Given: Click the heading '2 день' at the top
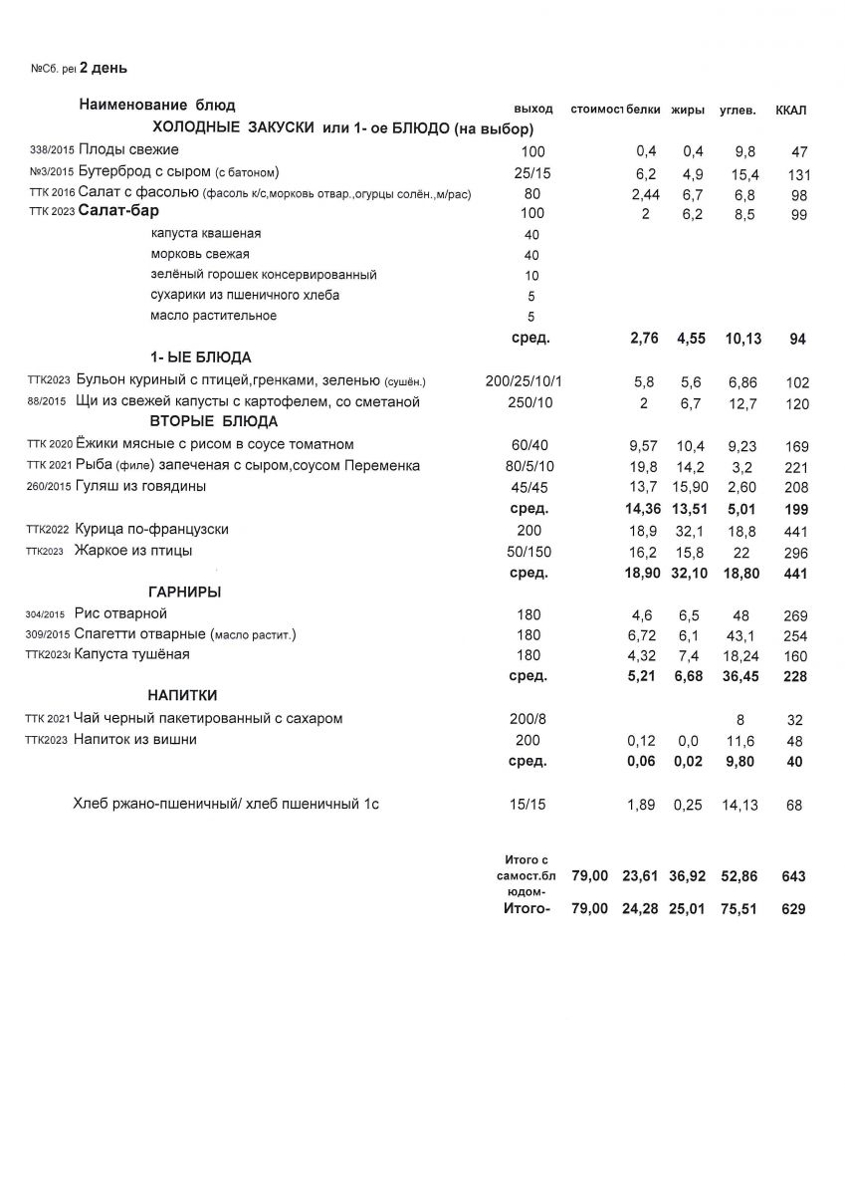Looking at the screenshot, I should (103, 69).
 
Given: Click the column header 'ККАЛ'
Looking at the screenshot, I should (790, 110).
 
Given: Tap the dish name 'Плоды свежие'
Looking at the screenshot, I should (128, 150).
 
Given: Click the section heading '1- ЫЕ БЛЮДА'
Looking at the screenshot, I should (200, 358).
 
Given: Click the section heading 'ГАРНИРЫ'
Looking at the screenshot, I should (184, 593).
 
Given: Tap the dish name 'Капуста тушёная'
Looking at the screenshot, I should (131, 655).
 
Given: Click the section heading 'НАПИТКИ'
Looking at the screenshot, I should (182, 695).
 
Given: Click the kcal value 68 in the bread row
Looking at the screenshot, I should (793, 806).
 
